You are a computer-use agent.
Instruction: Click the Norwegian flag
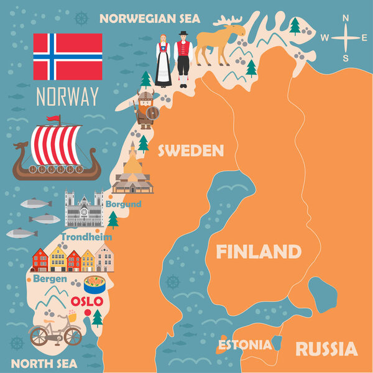(x=68, y=57)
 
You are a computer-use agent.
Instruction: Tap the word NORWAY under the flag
(x=68, y=97)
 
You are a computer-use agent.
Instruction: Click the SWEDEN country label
(x=181, y=150)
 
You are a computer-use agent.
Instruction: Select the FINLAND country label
(x=258, y=252)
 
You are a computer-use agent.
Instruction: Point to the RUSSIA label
(x=326, y=348)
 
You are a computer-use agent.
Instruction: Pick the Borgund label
(x=123, y=204)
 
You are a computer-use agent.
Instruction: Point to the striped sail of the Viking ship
(x=57, y=144)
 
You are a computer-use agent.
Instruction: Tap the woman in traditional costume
(x=163, y=60)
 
